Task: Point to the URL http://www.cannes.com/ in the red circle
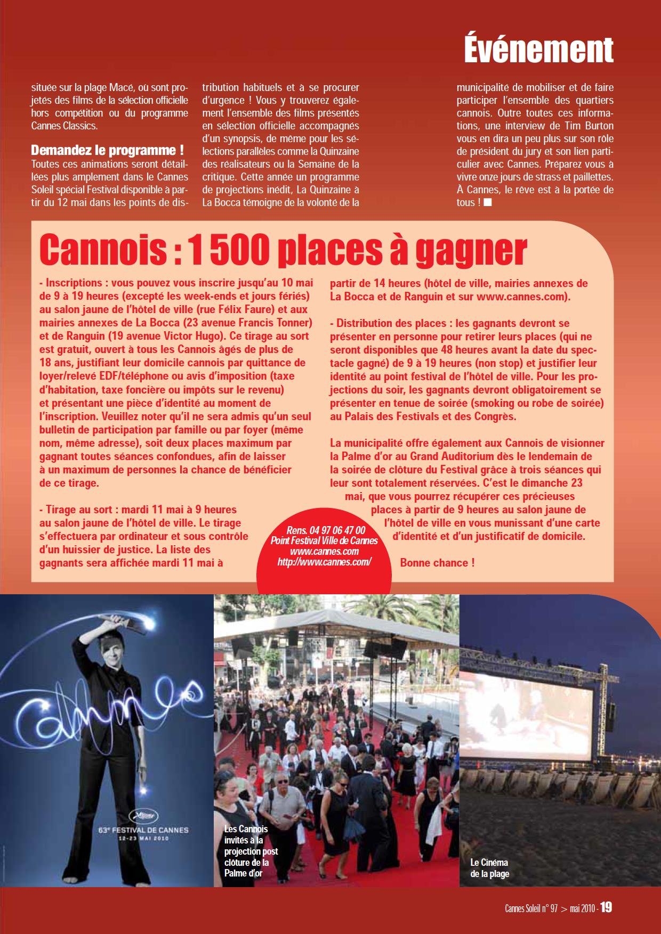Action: (x=324, y=562)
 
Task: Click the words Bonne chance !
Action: (x=437, y=562)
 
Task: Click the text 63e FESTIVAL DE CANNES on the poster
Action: (x=155, y=829)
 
